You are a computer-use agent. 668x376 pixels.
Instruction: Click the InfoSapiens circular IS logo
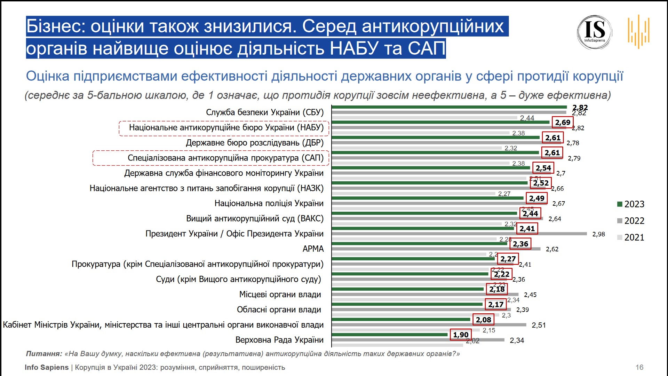point(595,32)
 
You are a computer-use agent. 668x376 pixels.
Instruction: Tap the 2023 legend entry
point(631,204)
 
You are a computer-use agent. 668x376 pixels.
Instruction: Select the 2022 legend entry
point(631,221)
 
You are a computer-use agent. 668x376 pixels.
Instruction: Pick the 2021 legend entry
point(631,237)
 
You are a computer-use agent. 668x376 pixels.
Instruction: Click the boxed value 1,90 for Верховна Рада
point(461,335)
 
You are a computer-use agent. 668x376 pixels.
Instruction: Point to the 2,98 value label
point(598,234)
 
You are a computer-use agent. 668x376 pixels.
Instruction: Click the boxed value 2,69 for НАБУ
point(563,123)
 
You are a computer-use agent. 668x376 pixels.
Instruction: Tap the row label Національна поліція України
point(269,203)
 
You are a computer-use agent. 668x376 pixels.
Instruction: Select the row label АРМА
point(313,249)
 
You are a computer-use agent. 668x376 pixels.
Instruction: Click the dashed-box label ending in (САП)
point(225,158)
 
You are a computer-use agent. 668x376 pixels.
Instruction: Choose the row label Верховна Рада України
point(279,340)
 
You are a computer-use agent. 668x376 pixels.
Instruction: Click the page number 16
point(639,367)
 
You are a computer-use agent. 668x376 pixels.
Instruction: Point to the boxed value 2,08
point(483,320)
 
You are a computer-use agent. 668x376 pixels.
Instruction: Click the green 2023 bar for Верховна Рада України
point(390,335)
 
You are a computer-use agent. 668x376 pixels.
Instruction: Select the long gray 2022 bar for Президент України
point(459,234)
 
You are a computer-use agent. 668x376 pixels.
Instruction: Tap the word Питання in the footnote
point(43,354)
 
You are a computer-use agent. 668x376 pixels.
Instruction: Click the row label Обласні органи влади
point(279,310)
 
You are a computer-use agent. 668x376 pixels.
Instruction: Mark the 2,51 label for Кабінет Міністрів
point(539,325)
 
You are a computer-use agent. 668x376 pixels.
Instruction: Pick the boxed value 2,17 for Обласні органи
point(496,305)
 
